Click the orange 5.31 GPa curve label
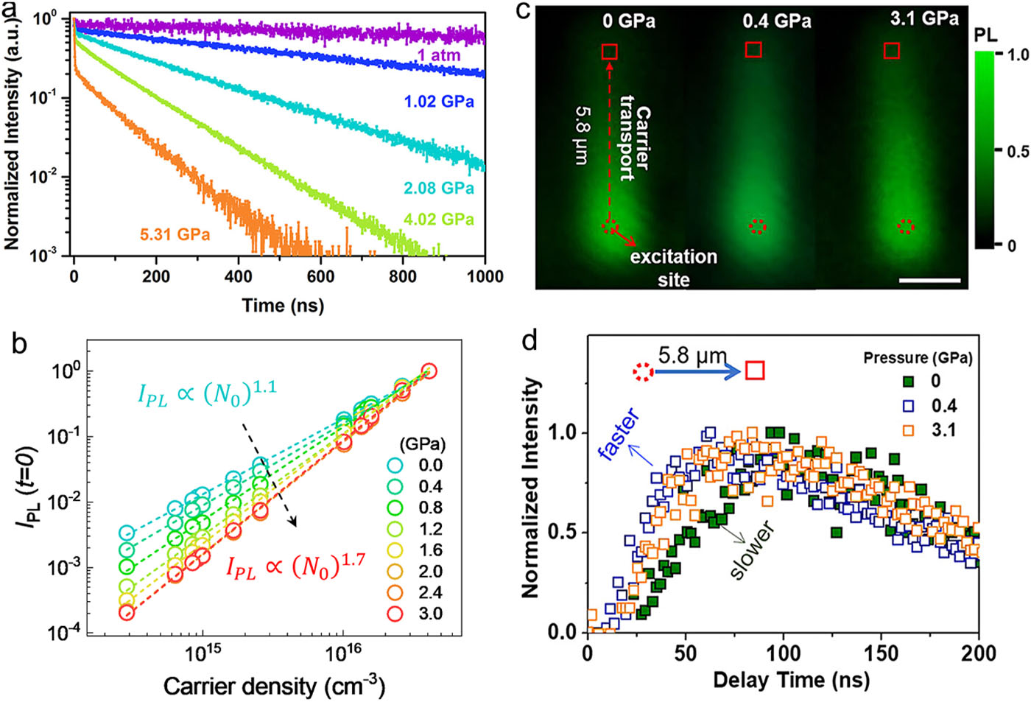175,235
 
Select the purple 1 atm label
439,55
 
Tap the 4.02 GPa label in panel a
438,220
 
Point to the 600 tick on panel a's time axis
320,276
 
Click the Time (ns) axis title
283,304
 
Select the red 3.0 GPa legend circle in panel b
395,614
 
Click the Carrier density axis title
274,686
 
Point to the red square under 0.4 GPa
753,49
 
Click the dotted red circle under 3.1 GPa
907,227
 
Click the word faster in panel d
619,436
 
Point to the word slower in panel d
752,550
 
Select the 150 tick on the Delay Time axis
881,653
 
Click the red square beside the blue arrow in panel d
755,371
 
